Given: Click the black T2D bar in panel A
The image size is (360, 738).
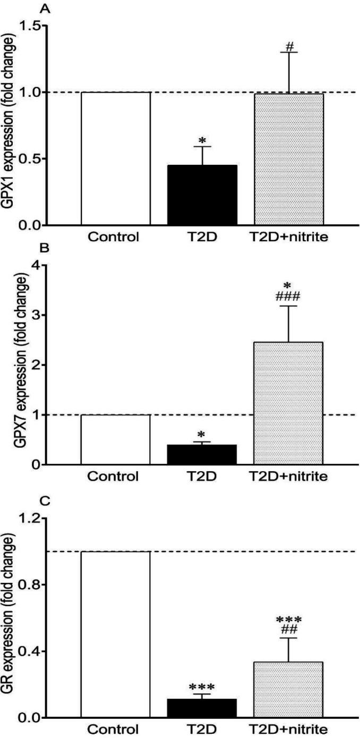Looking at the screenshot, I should click(x=202, y=195).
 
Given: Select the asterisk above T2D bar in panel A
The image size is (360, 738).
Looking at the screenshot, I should click(x=202, y=140).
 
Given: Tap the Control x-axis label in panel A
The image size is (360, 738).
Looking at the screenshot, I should click(x=116, y=237).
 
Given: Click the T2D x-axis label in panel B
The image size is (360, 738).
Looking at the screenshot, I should click(x=202, y=476).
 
